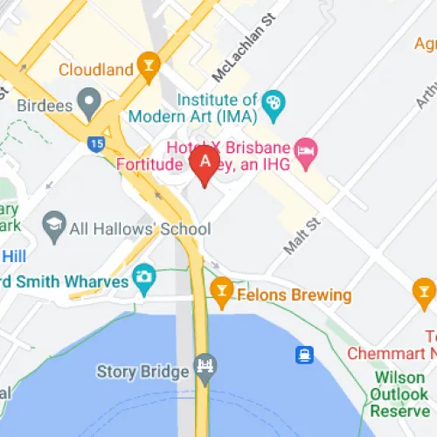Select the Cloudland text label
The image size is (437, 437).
coord(95,68)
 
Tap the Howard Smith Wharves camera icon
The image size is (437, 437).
coord(143,280)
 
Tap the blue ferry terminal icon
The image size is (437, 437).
coord(304,355)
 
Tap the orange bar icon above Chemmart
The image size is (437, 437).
coord(424,290)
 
